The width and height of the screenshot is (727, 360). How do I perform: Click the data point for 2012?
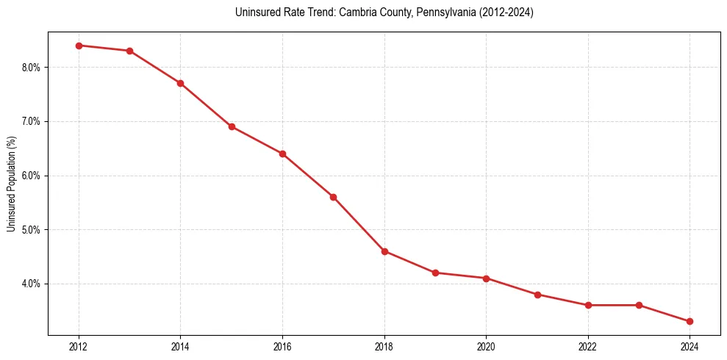79,46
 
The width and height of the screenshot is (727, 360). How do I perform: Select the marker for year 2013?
129,51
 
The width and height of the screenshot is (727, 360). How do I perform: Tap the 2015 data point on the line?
232,126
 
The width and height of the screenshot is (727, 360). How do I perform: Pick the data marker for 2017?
333,197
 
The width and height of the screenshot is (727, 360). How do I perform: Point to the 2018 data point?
384,251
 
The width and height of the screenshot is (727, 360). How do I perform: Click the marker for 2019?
435,273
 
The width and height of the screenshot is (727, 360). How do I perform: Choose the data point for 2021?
537,295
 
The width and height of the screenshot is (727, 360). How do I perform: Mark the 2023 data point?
639,305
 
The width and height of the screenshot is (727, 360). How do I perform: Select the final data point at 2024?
690,321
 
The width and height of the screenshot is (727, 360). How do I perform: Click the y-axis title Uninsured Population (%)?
11,184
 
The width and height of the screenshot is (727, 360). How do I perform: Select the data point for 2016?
282,154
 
